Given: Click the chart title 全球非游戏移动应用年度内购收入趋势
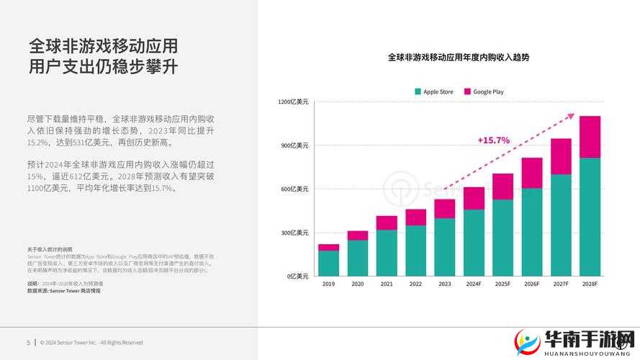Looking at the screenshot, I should [x=459, y=57].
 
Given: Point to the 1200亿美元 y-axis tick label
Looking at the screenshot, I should [x=293, y=102].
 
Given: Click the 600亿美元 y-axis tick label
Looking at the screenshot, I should [x=294, y=189].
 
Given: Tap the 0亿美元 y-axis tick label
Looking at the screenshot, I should [x=297, y=276].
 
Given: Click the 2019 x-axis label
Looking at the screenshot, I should [x=328, y=285].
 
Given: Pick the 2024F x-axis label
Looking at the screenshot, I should [x=474, y=285].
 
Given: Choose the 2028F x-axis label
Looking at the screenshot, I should [x=590, y=285].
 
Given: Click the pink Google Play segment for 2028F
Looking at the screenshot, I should [x=590, y=137].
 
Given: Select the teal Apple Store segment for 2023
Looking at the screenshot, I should [x=445, y=247].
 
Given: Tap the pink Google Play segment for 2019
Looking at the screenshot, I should [x=328, y=248].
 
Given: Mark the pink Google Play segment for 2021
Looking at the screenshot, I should [x=387, y=222].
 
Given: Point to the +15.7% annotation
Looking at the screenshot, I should [x=493, y=140].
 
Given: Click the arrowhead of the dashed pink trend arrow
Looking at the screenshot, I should [x=572, y=115].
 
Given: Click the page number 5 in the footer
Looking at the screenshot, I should [x=28, y=343].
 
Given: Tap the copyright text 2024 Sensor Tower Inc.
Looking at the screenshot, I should [x=91, y=343].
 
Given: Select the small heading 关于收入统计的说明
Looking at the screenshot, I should [x=50, y=249].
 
